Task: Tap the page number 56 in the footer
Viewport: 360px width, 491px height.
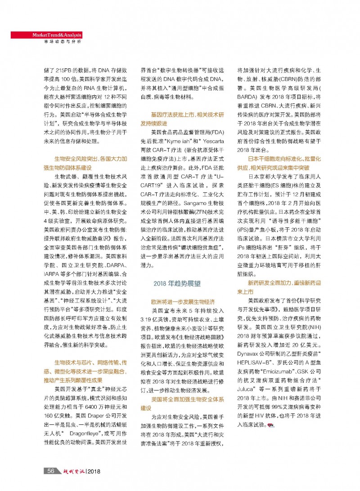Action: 49,471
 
